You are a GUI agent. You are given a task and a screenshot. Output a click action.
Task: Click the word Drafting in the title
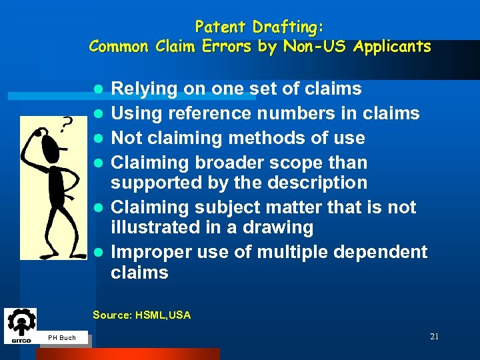[285, 27]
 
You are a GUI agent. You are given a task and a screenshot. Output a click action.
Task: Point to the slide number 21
[434, 337]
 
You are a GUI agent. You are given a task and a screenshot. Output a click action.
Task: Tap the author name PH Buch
[62, 338]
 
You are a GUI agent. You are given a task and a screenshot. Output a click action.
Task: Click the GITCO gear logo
[20, 325]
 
